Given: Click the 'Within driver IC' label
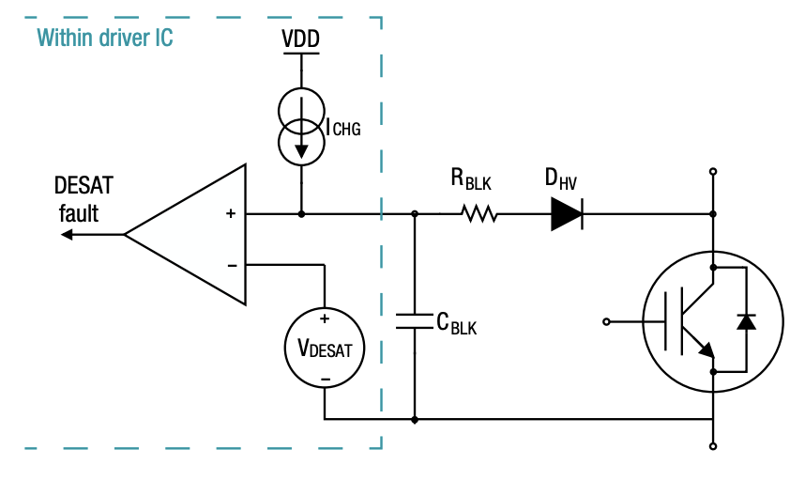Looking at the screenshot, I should pos(104,39).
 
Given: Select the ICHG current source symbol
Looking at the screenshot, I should pos(300,128).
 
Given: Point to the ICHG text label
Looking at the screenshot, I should pos(342,128).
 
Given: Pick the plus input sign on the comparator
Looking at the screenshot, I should pos(231,214).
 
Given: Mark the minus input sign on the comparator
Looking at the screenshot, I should pos(231,265).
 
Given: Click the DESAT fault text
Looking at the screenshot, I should pos(83,198).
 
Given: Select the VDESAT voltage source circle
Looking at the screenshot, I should pos(325,349).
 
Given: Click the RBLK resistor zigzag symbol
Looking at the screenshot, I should pos(479,214).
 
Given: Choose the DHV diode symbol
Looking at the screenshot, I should pos(567,214).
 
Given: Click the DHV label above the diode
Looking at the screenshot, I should pos(561,178).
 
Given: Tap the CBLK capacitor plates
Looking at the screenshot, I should pos(415,320).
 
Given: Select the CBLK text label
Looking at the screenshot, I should pos(457,323).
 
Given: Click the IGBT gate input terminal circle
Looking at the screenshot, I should pos(607,321).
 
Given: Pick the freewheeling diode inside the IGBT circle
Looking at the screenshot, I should pos(746,321).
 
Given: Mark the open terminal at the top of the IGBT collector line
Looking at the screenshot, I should pos(713,172).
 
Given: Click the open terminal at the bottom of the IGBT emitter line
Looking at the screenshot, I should pos(713,446).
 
